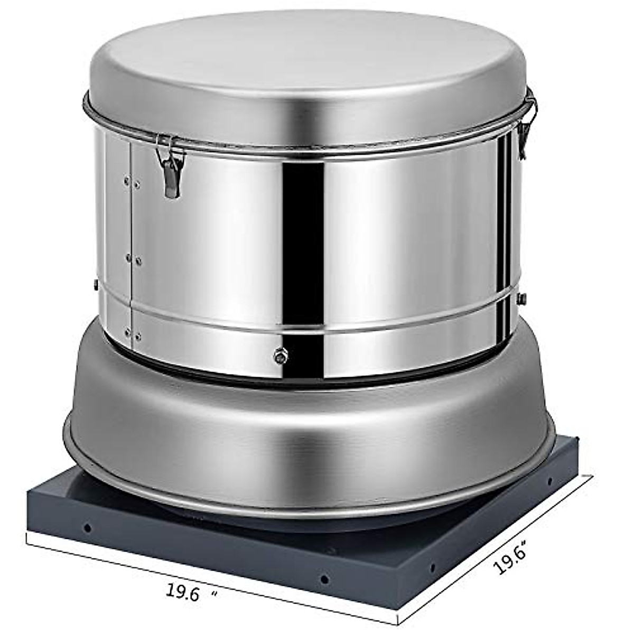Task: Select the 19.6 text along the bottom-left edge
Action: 182,593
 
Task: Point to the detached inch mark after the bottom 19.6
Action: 214,594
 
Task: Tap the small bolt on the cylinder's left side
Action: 96,285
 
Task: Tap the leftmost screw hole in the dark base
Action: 87,527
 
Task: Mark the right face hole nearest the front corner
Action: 433,568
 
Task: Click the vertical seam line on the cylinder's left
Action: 131,238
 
